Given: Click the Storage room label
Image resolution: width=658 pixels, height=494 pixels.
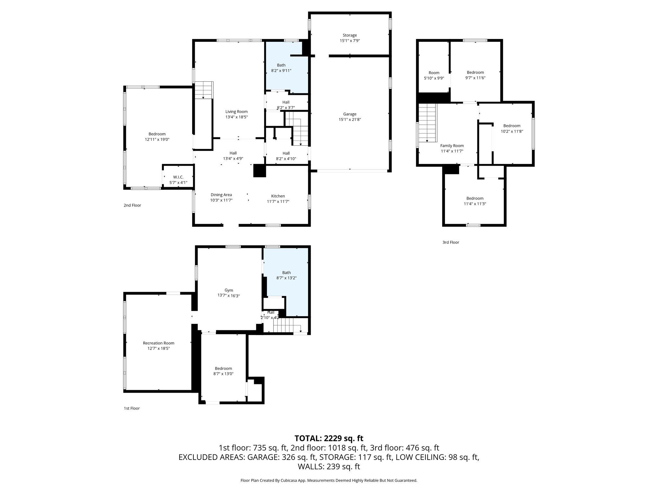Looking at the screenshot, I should [350, 35].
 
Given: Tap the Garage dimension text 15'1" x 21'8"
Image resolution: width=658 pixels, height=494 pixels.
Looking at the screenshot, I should [350, 120].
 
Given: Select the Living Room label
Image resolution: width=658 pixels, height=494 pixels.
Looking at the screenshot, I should [236, 112].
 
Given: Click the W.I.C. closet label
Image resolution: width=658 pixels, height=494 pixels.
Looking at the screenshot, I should [178, 177].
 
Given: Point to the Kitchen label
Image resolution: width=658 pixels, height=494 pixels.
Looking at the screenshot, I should [278, 196].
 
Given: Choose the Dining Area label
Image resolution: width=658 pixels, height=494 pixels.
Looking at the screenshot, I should [221, 195].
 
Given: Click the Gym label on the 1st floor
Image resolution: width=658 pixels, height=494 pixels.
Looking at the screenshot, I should [229, 290].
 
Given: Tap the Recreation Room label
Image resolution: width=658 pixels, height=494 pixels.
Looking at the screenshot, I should [159, 343].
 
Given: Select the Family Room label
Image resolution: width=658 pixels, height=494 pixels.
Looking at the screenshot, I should [452, 146].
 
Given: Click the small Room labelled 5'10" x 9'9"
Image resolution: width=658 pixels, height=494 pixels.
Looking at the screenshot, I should [434, 73].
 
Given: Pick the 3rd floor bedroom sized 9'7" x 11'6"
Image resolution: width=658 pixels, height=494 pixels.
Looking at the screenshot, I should [475, 73].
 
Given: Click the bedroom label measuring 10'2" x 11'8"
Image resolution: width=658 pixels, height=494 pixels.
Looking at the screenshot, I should [511, 126].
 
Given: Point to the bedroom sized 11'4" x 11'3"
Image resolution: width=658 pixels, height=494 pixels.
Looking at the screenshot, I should [475, 198].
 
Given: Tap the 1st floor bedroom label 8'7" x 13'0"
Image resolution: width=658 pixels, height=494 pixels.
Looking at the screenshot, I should [223, 369].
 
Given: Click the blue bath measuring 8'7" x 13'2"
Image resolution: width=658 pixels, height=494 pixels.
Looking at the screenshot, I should [286, 273].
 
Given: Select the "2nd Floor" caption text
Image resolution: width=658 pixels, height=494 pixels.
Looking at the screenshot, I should [132, 205].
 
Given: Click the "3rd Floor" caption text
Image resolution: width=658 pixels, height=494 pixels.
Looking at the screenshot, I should [450, 242].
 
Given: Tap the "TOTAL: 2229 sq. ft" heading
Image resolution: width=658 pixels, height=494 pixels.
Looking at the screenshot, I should [329, 438].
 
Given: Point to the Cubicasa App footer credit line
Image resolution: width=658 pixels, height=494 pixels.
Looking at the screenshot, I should [329, 480].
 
